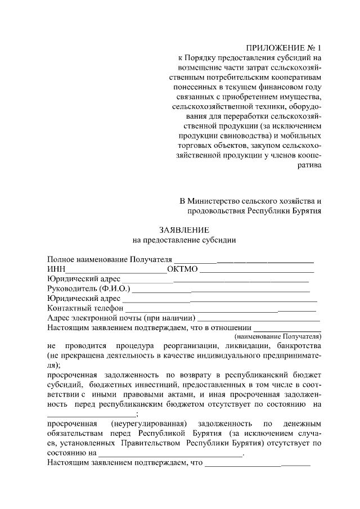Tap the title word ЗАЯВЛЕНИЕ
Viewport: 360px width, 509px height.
pos(184,229)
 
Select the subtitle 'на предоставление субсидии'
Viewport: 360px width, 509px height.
pos(184,240)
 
